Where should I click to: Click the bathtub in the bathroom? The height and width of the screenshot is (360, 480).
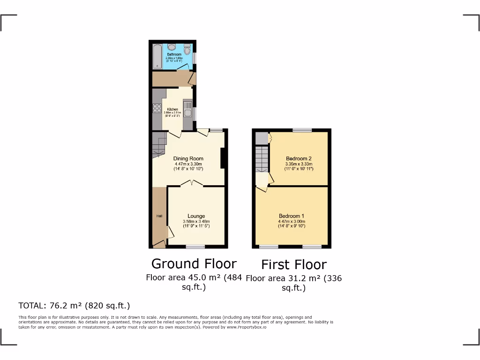(157, 56)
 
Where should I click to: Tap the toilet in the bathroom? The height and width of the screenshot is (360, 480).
(187, 49)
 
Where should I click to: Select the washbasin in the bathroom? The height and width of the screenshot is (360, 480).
(172, 47)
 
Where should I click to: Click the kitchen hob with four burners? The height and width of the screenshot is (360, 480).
(157, 109)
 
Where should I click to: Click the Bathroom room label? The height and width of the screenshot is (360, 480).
(174, 54)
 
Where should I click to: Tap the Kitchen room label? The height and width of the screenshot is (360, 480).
(172, 109)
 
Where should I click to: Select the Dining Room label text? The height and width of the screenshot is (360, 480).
(188, 158)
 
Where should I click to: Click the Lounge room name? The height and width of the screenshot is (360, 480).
(196, 216)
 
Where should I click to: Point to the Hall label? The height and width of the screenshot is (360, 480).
(159, 216)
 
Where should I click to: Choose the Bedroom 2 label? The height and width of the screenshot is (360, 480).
(299, 158)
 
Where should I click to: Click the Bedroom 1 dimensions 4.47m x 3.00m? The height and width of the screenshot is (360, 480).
(292, 221)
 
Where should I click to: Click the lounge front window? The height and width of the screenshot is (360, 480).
(195, 246)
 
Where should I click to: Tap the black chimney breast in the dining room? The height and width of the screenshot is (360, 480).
(223, 157)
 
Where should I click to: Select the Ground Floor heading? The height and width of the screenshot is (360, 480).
(194, 263)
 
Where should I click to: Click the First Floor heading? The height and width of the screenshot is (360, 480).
(294, 264)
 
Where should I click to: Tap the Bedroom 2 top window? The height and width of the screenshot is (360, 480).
(303, 130)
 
